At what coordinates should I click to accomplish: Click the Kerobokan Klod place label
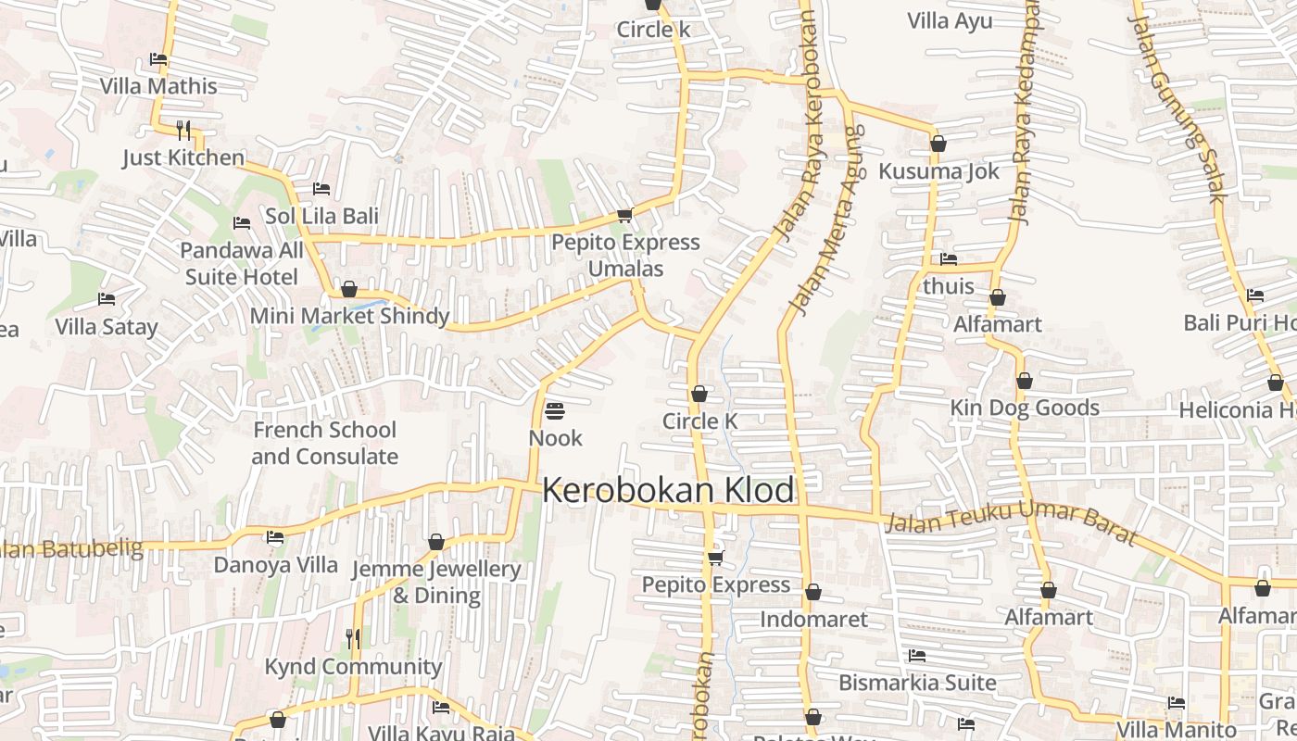[x=668, y=490]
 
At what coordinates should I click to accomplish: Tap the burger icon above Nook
[x=555, y=409]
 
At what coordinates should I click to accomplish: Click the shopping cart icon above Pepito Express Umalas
[x=624, y=215]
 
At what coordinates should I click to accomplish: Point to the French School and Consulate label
[x=324, y=443]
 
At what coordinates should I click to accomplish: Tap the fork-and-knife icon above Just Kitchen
[x=183, y=130]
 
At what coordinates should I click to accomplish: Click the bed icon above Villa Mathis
[x=158, y=59]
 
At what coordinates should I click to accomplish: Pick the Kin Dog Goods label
[x=1025, y=408]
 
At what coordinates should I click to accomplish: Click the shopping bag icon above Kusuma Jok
[x=938, y=144]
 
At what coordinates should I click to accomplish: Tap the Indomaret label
[x=813, y=619]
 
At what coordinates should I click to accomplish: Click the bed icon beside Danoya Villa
[x=274, y=537]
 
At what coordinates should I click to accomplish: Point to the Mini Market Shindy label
[x=349, y=316]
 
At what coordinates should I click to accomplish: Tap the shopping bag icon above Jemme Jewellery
[x=436, y=542]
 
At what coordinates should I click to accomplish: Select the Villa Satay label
[x=107, y=327]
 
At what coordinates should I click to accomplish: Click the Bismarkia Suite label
[x=917, y=683]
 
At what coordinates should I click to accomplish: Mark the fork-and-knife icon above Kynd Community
[x=352, y=638]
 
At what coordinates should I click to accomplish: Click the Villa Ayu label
[x=950, y=20]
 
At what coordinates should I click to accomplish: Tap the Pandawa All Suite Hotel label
[x=242, y=264]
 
